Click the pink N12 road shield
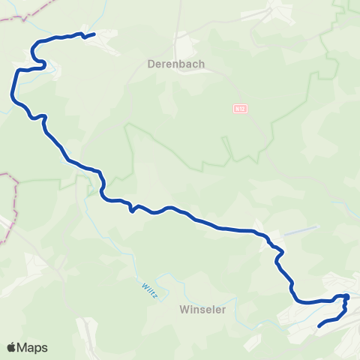(x=239, y=109)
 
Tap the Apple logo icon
(x=12, y=347)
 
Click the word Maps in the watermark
(x=33, y=348)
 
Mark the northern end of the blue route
(x=94, y=34)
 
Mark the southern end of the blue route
(x=319, y=326)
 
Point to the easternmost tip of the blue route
(x=347, y=298)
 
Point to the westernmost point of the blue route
(x=11, y=94)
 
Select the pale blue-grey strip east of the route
(x=300, y=229)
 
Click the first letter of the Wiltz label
(x=142, y=282)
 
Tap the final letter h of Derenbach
(x=202, y=64)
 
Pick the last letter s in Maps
(x=44, y=348)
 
